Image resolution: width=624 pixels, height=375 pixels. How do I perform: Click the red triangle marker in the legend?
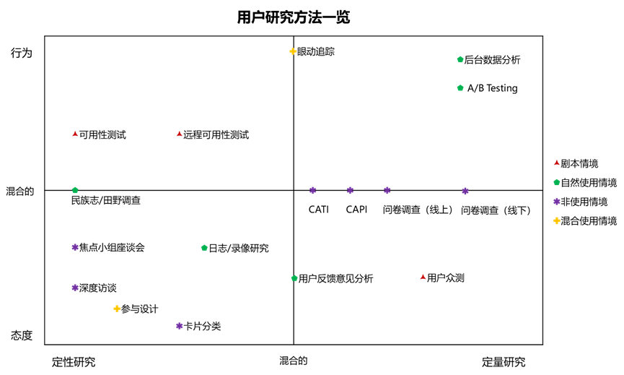556,163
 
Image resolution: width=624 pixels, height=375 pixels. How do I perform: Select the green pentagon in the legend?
556,182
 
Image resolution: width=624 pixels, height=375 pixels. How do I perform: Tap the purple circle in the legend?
556,202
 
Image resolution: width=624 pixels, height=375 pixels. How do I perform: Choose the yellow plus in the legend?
556,220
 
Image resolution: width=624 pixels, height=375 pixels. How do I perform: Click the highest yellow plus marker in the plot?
293,51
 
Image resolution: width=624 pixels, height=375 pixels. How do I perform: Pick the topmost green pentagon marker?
460,59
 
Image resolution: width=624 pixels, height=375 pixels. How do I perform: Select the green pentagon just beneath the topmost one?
460,87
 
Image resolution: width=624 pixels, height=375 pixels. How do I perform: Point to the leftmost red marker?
75,134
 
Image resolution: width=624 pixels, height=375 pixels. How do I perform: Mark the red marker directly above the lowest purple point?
179,134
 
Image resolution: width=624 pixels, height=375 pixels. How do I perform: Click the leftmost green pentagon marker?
75,190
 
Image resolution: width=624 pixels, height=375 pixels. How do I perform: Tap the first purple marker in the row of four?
312,190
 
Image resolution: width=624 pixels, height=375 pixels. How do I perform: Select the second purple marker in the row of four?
350,190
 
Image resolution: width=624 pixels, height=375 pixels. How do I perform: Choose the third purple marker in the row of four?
387,190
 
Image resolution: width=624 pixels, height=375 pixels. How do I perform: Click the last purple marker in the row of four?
465,191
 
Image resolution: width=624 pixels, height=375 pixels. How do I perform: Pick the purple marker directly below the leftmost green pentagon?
75,247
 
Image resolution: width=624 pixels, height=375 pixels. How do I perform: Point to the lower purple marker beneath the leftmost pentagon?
75,288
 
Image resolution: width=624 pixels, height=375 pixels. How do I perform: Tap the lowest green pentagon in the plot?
294,277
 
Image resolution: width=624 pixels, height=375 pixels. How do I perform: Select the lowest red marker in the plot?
423,277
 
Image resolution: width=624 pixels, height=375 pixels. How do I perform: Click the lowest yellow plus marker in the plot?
117,309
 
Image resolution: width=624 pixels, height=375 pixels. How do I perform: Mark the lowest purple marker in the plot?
179,326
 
